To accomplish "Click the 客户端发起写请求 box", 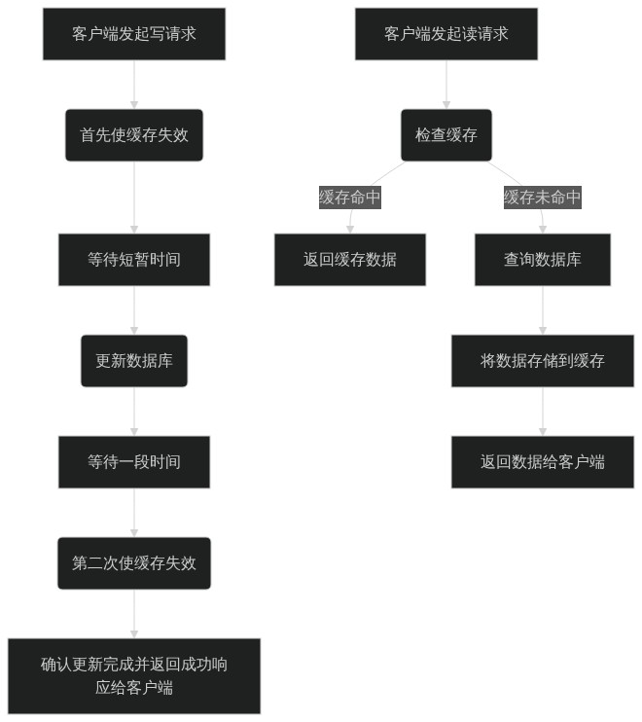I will pos(134,34).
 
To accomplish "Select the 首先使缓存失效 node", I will pos(134,135).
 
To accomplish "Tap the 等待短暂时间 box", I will pos(134,260).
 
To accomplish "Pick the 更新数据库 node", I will pos(134,361).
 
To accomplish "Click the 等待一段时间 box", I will pos(134,462).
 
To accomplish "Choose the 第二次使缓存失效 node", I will pos(134,563).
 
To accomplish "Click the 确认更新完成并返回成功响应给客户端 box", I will pos(134,676).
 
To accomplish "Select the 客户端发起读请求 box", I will pos(446,34).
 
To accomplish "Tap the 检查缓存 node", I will pos(446,135).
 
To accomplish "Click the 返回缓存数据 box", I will pos(350,260).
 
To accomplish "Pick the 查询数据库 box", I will pos(543,260).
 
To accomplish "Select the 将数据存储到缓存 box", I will pos(543,361).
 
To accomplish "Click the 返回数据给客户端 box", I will pos(543,462).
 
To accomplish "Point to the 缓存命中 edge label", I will pos(350,198).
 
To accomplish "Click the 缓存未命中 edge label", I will pos(543,198).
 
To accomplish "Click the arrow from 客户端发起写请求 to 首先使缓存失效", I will pos(134,85).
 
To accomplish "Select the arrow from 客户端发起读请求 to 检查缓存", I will pos(446,85).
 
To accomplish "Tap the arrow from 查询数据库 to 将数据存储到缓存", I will pos(543,310).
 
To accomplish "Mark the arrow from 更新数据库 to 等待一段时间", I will pos(134,412).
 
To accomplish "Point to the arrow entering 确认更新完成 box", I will pos(134,614).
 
